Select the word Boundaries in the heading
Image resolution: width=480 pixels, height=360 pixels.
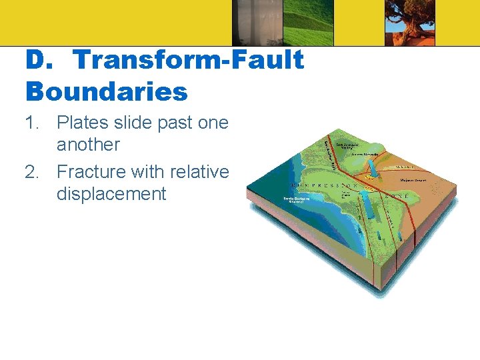107,91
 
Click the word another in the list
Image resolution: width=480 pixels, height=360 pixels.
88,145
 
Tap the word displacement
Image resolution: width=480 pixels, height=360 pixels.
111,194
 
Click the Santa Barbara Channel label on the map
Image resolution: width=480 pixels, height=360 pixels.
297,200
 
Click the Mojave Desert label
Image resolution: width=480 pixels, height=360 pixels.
413,180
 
